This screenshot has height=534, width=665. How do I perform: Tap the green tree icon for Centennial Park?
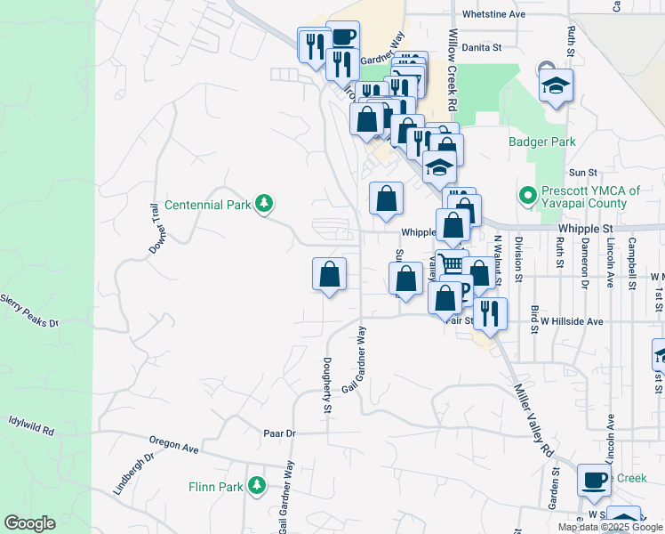tap(263, 204)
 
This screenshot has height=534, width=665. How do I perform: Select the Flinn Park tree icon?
tap(257, 486)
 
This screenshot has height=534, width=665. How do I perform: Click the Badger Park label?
tap(542, 142)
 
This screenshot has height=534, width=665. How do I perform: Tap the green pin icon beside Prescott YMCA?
tap(526, 192)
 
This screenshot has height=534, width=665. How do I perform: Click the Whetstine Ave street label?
tap(494, 15)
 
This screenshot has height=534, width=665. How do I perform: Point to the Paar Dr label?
tap(278, 433)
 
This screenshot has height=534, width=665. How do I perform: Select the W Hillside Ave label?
tap(572, 321)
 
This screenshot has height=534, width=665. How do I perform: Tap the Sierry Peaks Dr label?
tap(28, 311)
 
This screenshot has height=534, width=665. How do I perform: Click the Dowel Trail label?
tap(151, 228)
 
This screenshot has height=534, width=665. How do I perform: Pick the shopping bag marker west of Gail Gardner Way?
tap(329, 275)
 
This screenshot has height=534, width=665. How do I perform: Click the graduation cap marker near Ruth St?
tap(556, 85)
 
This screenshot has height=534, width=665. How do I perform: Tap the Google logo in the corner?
tap(29, 523)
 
